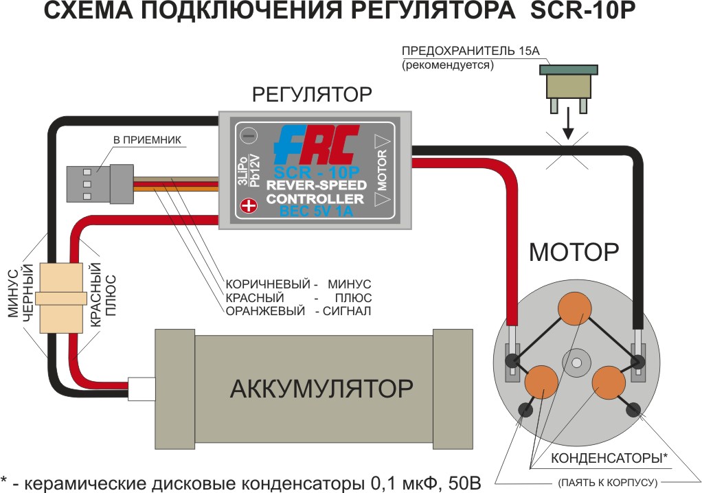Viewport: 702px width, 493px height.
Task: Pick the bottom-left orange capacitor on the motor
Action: point(542,382)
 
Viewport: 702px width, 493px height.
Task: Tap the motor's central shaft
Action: point(576,361)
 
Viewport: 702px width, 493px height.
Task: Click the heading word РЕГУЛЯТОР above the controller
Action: point(312,94)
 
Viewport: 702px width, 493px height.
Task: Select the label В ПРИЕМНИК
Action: point(146,140)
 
